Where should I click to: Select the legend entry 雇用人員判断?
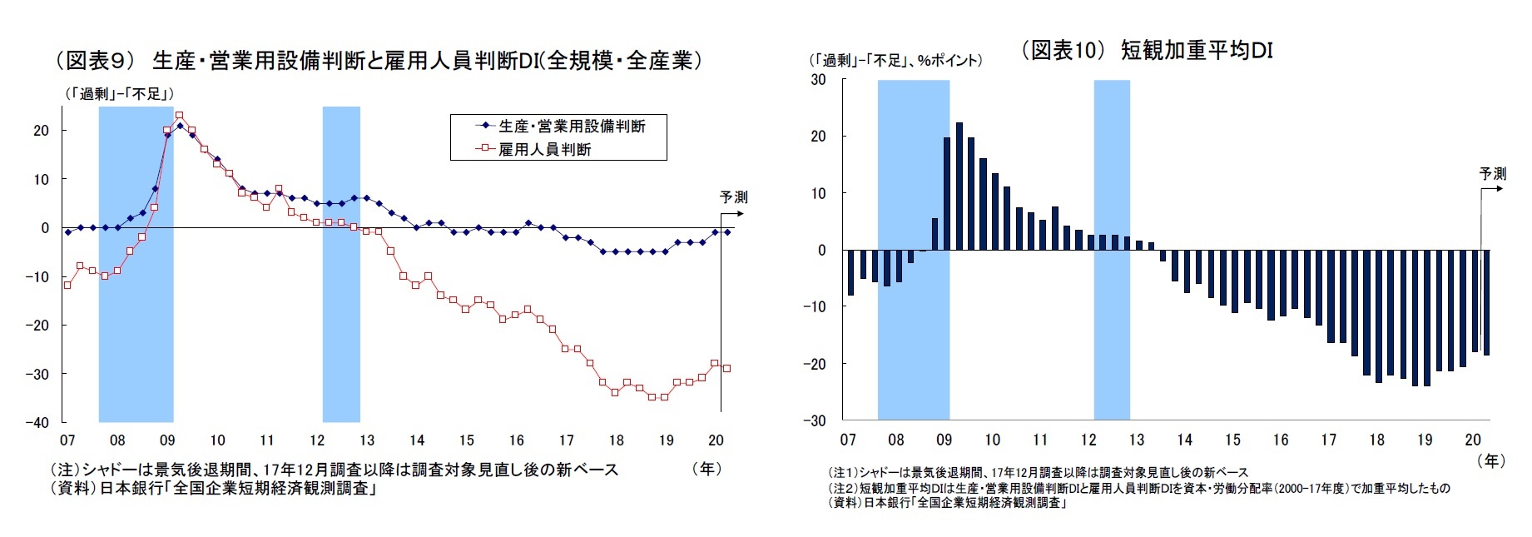pyautogui.click(x=544, y=150)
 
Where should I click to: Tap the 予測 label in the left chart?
pyautogui.click(x=733, y=197)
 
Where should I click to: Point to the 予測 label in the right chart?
pyautogui.click(x=1492, y=174)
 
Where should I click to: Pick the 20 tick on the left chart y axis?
pyautogui.click(x=41, y=131)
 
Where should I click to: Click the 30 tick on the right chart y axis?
pyautogui.click(x=818, y=80)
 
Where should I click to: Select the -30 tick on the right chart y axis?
pyautogui.click(x=815, y=420)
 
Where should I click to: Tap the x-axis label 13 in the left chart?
pyautogui.click(x=367, y=440)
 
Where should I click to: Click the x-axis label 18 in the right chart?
pyautogui.click(x=1377, y=440)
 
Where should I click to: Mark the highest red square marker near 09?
pyautogui.click(x=179, y=116)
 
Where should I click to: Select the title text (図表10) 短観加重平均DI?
pyautogui.click(x=1147, y=50)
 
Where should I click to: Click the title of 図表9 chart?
pyautogui.click(x=379, y=61)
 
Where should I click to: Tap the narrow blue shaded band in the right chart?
pyautogui.click(x=1112, y=250)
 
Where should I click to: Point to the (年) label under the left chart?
pyautogui.click(x=707, y=469)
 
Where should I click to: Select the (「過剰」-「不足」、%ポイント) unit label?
pyautogui.click(x=895, y=61)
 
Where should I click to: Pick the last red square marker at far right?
pyautogui.click(x=726, y=368)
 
